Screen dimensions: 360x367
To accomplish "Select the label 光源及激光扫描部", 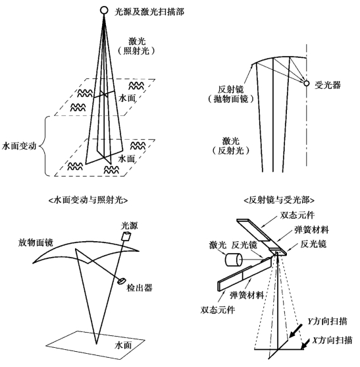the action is (149, 12).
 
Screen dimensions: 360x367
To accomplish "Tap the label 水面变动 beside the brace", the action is (19, 146).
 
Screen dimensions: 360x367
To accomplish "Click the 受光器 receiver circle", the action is (306, 83).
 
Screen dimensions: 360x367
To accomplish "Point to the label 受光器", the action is (328, 85).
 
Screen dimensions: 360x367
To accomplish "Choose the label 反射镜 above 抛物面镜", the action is (231, 89).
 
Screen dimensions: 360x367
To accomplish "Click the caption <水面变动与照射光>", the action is (88, 200).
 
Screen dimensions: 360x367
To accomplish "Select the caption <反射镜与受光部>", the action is (279, 200).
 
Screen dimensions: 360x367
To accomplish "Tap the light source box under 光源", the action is (126, 236).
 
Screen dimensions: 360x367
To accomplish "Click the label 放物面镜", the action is (36, 242).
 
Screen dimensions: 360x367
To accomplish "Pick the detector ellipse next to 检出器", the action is (122, 281).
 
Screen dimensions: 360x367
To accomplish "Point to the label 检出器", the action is (140, 287).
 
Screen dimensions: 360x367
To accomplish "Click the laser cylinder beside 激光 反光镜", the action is (234, 260).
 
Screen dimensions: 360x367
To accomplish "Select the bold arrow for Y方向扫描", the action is (296, 331).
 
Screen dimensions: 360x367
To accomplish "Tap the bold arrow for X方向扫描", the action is (305, 343).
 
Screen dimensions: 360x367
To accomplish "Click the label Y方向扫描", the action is (327, 322).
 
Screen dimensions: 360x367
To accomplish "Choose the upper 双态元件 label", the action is (297, 215).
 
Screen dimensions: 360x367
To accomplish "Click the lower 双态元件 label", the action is (217, 310).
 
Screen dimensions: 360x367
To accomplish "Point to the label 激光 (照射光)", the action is (137, 46).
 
